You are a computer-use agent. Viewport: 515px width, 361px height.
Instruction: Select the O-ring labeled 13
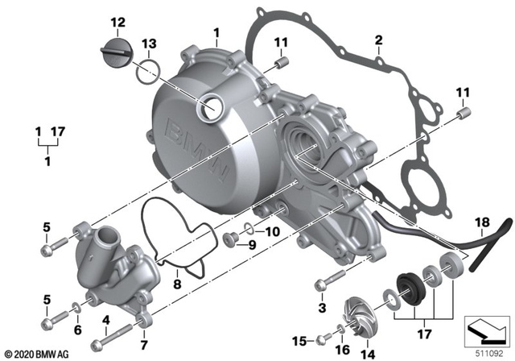tap(146, 73)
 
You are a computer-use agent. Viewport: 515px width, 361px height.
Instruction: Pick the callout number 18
tap(481, 223)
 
